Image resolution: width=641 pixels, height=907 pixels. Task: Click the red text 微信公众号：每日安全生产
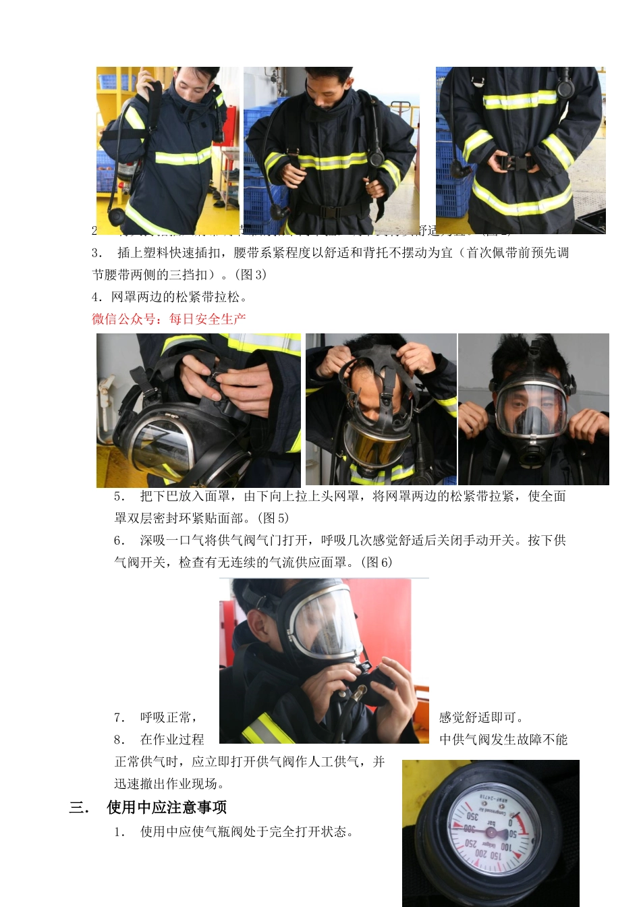169,319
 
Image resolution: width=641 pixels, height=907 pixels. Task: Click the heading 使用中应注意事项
167,808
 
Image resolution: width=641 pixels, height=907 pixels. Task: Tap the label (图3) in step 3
251,275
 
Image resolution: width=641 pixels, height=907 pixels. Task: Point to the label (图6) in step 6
377,562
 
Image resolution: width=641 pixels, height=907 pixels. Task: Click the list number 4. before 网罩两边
97,297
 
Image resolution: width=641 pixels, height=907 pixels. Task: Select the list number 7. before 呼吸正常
119,717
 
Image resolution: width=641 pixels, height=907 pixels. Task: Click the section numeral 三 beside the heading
76,808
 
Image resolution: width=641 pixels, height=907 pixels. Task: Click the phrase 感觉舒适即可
481,717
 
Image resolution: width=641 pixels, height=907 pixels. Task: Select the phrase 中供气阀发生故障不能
503,740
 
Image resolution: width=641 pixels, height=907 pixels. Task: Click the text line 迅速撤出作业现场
169,784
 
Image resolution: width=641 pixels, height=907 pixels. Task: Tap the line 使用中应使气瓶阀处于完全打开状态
246,831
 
